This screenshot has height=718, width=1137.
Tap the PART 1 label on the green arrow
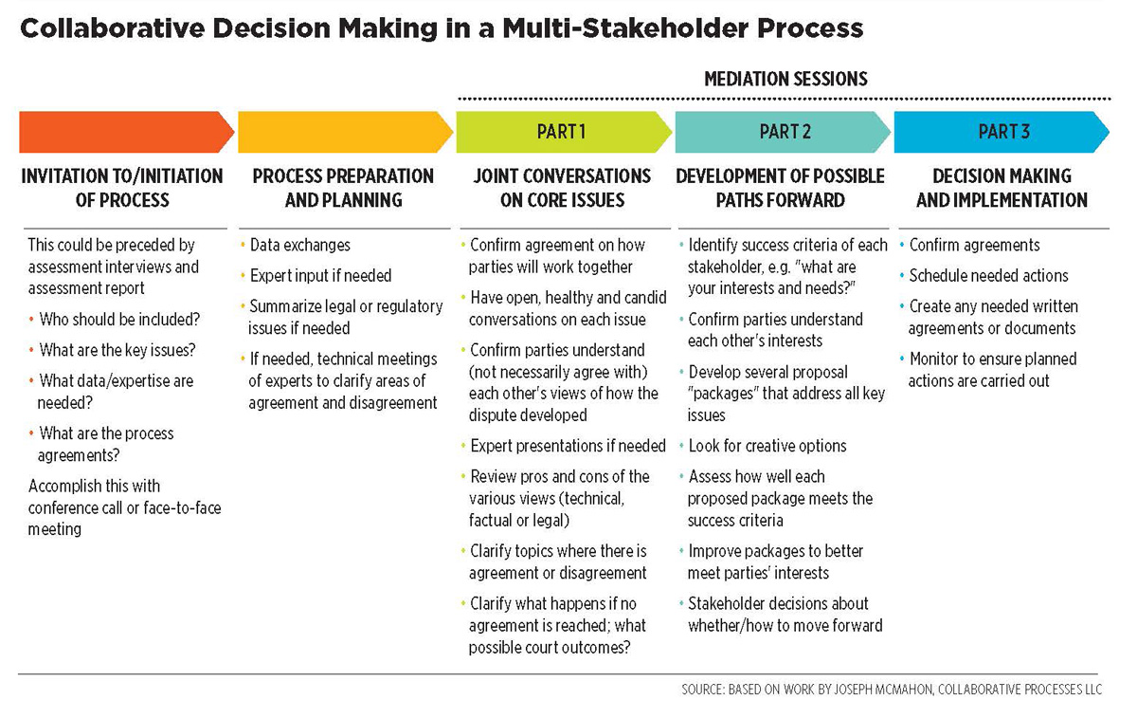(x=561, y=132)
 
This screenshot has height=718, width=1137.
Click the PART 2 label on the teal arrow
(x=785, y=132)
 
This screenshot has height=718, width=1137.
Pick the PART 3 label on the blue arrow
(x=1003, y=132)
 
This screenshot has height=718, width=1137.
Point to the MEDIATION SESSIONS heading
(x=785, y=80)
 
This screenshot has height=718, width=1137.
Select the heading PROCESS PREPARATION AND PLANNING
(x=343, y=188)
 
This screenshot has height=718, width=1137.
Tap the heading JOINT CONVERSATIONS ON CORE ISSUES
(x=563, y=188)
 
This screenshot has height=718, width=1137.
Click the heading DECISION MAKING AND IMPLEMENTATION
(x=1002, y=188)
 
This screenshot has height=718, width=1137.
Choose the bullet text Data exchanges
(x=299, y=245)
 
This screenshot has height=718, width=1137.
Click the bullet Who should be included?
(x=119, y=320)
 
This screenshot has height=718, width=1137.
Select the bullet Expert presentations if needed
(x=568, y=446)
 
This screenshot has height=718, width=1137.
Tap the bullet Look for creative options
(x=767, y=446)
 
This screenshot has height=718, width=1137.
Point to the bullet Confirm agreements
(x=974, y=245)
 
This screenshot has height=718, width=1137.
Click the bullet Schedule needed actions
(x=988, y=276)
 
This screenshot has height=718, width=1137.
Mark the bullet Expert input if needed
(x=320, y=276)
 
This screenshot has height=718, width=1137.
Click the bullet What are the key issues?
(x=117, y=350)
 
